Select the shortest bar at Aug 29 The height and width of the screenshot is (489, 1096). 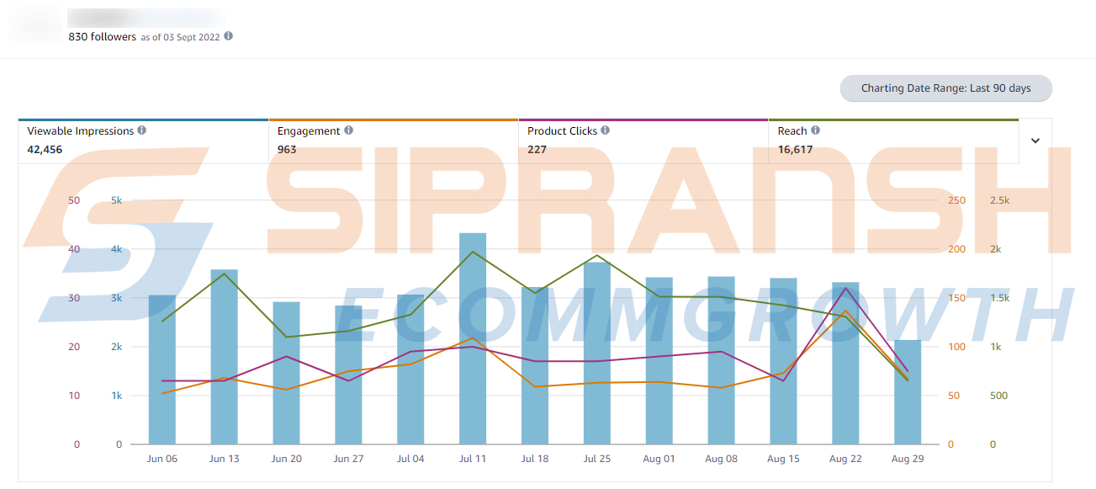[908, 392]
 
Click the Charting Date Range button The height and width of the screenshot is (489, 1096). [946, 88]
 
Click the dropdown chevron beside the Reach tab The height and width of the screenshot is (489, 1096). [1035, 141]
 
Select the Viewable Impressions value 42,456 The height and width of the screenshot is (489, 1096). [45, 150]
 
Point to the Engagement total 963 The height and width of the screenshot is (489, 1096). [287, 150]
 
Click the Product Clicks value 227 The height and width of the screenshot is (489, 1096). [537, 150]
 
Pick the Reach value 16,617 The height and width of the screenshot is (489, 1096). [795, 150]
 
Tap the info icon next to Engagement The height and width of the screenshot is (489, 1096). [349, 130]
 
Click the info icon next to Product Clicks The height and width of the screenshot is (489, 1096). [606, 130]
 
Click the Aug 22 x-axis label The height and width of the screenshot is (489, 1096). [845, 459]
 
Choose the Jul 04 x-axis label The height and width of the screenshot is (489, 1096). [410, 459]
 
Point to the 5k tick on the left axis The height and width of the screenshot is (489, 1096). [114, 200]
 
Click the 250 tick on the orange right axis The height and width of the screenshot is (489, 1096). [956, 200]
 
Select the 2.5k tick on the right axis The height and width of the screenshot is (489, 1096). [999, 200]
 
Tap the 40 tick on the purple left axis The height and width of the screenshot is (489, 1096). [74, 249]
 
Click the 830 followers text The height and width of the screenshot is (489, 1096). [102, 37]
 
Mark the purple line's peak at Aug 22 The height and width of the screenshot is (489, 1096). [845, 289]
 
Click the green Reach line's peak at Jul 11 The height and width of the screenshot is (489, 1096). [473, 252]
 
